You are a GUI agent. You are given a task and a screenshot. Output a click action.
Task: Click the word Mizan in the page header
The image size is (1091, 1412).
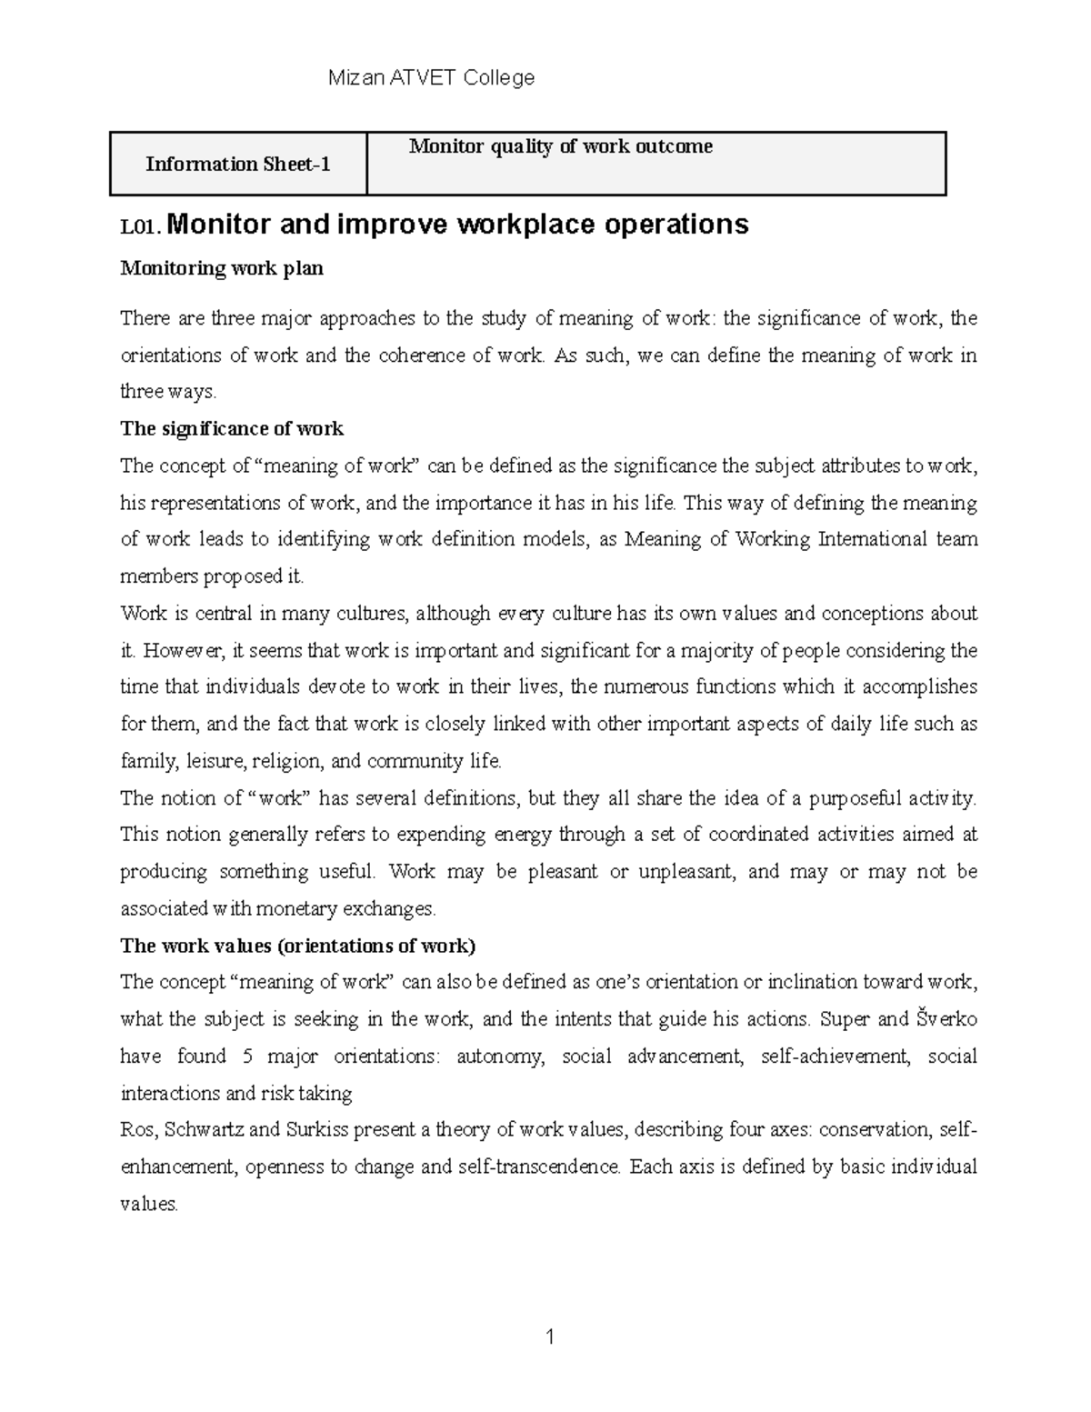(355, 78)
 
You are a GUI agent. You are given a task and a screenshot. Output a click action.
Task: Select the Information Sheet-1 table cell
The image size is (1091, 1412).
(238, 164)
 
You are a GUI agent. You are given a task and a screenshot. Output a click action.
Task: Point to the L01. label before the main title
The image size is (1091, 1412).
(141, 227)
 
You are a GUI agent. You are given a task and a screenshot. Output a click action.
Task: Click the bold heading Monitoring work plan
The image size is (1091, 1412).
(222, 268)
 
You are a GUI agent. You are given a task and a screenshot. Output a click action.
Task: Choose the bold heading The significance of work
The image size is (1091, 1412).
(232, 428)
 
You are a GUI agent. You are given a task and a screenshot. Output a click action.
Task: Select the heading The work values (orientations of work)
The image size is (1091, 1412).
(297, 946)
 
